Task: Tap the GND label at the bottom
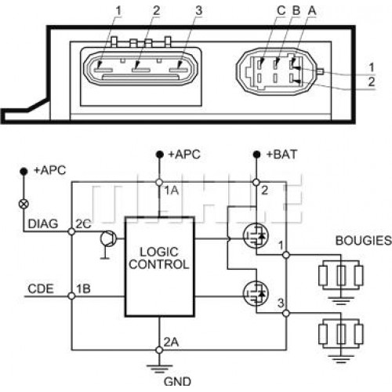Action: click(x=177, y=382)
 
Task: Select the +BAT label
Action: click(x=281, y=154)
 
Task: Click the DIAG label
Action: click(x=43, y=224)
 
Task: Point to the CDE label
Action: click(x=41, y=289)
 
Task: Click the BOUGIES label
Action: click(x=364, y=241)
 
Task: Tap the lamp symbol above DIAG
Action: click(x=24, y=204)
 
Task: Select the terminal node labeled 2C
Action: click(x=71, y=231)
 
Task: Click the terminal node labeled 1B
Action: click(x=71, y=296)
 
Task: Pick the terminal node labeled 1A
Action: click(x=159, y=183)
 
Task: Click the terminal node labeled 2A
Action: click(x=159, y=350)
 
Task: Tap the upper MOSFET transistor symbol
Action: click(x=256, y=236)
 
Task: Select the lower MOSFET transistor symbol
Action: click(x=256, y=294)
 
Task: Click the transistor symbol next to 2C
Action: click(x=108, y=238)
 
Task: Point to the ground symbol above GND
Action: click(x=159, y=368)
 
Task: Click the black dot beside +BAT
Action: click(x=256, y=154)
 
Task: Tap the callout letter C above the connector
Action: click(x=281, y=11)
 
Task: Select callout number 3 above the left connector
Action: click(x=198, y=11)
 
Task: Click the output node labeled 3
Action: click(x=286, y=313)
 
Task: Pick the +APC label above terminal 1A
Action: click(x=184, y=154)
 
